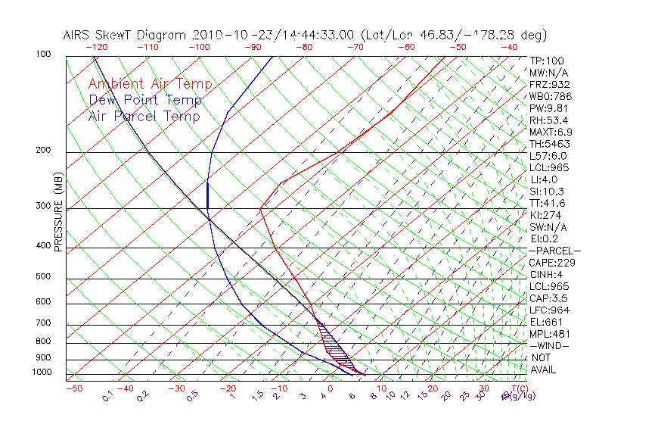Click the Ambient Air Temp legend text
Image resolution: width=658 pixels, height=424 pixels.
[x=150, y=84]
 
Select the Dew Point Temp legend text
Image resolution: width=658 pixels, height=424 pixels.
[x=145, y=100]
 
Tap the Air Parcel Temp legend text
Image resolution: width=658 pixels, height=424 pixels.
[x=144, y=116]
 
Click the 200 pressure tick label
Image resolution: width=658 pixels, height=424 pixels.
[x=43, y=150]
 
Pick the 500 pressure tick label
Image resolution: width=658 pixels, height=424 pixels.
[x=43, y=276]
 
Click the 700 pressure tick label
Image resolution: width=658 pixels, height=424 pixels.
[x=43, y=323]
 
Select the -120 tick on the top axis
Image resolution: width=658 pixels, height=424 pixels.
[x=96, y=47]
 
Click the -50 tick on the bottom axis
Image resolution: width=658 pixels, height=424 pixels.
[x=74, y=388]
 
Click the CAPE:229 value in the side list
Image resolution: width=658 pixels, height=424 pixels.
[x=552, y=263]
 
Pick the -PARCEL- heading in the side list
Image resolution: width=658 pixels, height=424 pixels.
[x=554, y=251]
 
